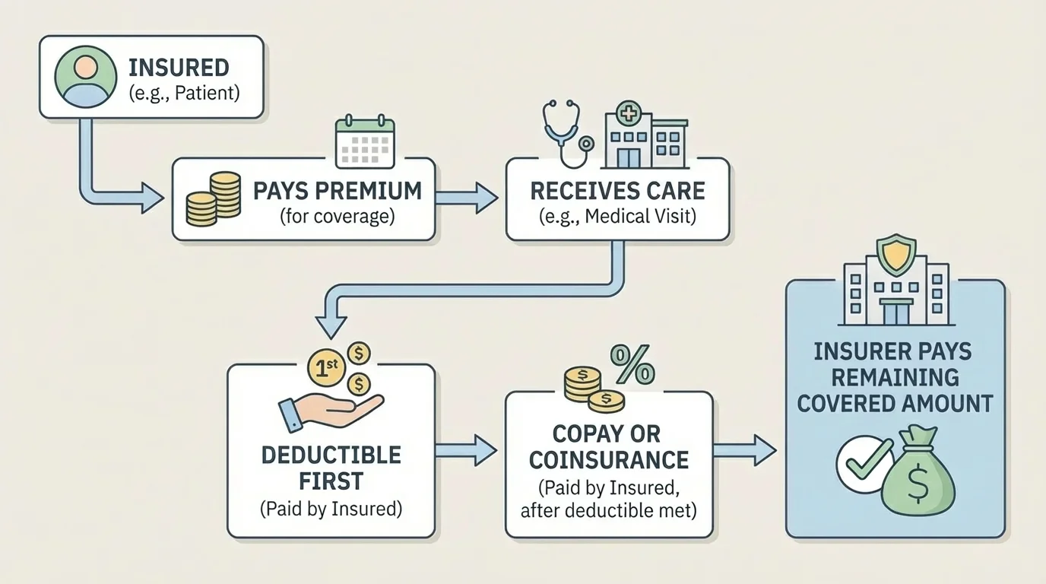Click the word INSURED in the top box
click(x=179, y=68)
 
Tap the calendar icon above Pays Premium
click(x=365, y=141)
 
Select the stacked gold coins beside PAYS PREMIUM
click(x=214, y=199)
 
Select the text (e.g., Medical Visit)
click(x=617, y=216)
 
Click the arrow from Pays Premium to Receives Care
click(x=466, y=198)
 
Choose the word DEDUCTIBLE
click(x=331, y=455)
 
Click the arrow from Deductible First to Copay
click(x=468, y=450)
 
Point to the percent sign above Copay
click(x=632, y=364)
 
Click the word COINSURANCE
click(x=608, y=460)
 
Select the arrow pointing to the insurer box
click(x=745, y=450)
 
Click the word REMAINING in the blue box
click(x=895, y=377)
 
